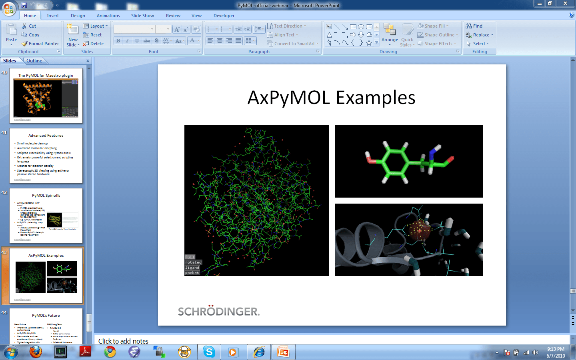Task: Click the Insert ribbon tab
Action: pyautogui.click(x=53, y=16)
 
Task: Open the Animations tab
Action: pyautogui.click(x=108, y=16)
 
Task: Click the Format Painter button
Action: pyautogui.click(x=40, y=44)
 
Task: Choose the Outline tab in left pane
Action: pyautogui.click(x=34, y=61)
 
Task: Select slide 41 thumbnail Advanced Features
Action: pyautogui.click(x=46, y=156)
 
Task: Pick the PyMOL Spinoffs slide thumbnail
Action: pyautogui.click(x=46, y=216)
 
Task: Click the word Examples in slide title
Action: pyautogui.click(x=375, y=98)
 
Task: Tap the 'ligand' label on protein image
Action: pyautogui.click(x=192, y=268)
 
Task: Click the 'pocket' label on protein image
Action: pyautogui.click(x=192, y=273)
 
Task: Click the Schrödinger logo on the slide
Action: pyautogui.click(x=218, y=311)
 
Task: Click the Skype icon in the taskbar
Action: pyautogui.click(x=209, y=352)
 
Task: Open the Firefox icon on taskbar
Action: pyautogui.click(x=36, y=352)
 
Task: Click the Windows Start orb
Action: pyautogui.click(x=11, y=352)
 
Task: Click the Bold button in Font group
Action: pyautogui.click(x=118, y=41)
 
